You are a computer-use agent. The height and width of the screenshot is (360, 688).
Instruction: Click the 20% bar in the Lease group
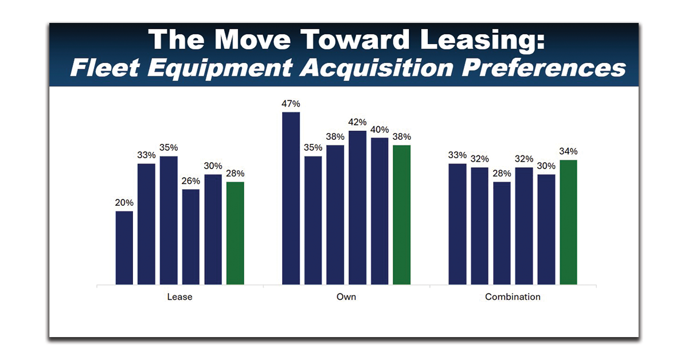[x=124, y=248]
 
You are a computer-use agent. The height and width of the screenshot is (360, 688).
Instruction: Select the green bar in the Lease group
[x=235, y=233]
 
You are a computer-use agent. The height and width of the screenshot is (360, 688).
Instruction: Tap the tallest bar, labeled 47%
[x=291, y=198]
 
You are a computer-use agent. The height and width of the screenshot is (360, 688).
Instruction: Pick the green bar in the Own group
[x=402, y=214]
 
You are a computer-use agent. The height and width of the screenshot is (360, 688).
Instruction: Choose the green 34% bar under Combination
[x=568, y=222]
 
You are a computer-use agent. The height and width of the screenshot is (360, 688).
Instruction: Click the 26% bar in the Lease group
[x=191, y=236]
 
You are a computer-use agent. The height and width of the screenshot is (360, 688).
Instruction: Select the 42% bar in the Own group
[x=358, y=207]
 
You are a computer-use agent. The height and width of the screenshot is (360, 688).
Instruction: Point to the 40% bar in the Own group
[x=380, y=210]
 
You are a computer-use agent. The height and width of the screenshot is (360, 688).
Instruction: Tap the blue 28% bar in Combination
[x=502, y=233]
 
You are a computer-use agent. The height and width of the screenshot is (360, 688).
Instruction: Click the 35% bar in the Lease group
[x=169, y=220]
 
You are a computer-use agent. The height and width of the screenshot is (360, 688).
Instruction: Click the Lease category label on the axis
[x=179, y=297]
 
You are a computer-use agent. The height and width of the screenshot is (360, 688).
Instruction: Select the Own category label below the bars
[x=346, y=297]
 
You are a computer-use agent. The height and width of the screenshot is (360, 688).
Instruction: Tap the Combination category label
[x=513, y=297]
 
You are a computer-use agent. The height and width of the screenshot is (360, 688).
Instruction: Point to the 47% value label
[x=291, y=104]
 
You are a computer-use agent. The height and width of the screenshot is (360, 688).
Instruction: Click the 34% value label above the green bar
[x=568, y=152]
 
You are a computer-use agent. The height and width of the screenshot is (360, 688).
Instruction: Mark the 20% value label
[x=124, y=203]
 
